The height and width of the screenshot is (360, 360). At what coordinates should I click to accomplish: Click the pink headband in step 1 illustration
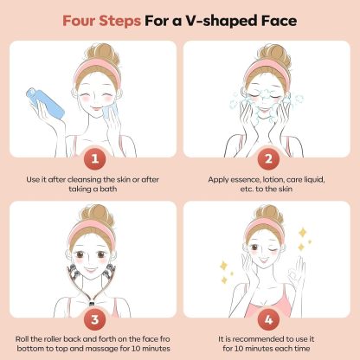[x=97, y=73]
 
